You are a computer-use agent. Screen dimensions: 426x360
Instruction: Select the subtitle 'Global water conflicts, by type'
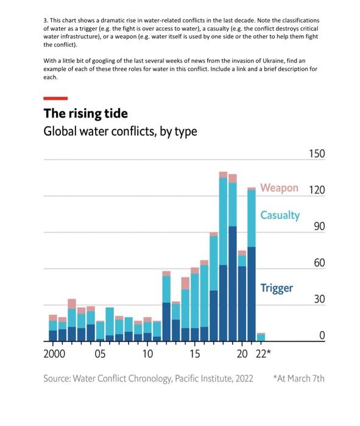pos(120,132)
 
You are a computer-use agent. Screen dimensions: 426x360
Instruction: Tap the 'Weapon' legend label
pos(279,187)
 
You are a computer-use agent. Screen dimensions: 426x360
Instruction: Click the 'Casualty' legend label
pos(280,215)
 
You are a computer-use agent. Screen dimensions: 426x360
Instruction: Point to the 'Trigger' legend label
pos(277,288)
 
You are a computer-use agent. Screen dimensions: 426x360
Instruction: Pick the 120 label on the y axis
pos(316,190)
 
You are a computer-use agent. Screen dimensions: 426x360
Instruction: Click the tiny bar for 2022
pos(261,337)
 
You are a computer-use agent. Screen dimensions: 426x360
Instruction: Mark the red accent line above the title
pos(55,97)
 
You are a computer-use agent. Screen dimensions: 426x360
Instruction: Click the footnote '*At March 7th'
pos(300,379)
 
